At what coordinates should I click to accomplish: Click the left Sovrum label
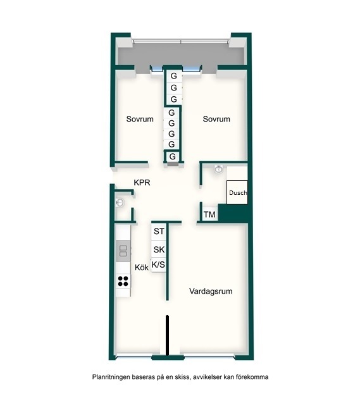pyautogui.click(x=140, y=119)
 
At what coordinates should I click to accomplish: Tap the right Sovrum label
pyautogui.click(x=216, y=119)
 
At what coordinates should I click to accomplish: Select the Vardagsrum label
pyautogui.click(x=211, y=291)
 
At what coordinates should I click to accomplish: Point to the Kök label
pyautogui.click(x=142, y=267)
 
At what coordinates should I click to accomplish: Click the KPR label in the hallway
pyautogui.click(x=142, y=183)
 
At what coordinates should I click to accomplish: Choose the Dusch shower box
pyautogui.click(x=237, y=192)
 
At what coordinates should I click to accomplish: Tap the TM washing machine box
pyautogui.click(x=209, y=215)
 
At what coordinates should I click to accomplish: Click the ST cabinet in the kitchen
pyautogui.click(x=159, y=232)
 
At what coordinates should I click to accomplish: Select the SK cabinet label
pyautogui.click(x=159, y=249)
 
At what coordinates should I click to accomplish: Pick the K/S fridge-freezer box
pyautogui.click(x=158, y=265)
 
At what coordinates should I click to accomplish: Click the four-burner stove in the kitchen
pyautogui.click(x=123, y=281)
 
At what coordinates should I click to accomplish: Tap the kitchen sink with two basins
pyautogui.click(x=123, y=251)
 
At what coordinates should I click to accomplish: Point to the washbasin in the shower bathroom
pyautogui.click(x=218, y=170)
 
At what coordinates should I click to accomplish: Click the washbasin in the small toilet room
pyautogui.click(x=120, y=202)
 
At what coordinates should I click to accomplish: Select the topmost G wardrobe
pyautogui.click(x=174, y=76)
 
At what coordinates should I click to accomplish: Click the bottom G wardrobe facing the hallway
pyautogui.click(x=172, y=156)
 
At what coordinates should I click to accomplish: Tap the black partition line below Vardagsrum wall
pyautogui.click(x=167, y=336)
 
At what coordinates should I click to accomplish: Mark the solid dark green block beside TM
pyautogui.click(x=233, y=213)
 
